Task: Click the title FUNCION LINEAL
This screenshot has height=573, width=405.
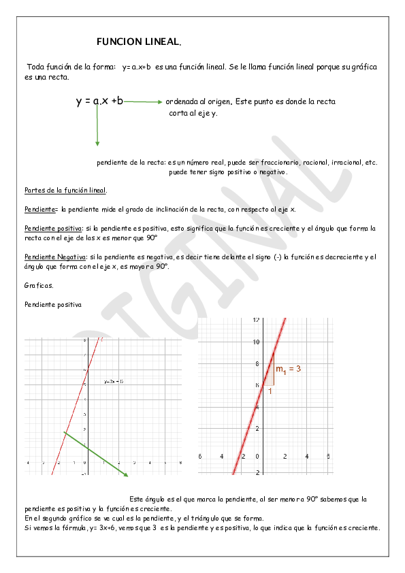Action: click(139, 42)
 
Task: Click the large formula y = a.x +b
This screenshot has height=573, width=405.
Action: click(99, 101)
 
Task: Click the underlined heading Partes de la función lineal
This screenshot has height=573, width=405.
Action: click(65, 191)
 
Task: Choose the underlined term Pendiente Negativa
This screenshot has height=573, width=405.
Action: click(54, 257)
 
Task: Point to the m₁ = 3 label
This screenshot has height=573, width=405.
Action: click(288, 369)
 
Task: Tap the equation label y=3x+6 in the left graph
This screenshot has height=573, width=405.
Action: click(113, 382)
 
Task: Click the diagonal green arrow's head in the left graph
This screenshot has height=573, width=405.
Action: click(126, 474)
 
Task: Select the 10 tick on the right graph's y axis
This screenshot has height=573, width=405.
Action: click(257, 342)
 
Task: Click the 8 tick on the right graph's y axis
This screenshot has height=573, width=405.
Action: click(257, 363)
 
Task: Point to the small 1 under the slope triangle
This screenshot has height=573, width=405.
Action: click(270, 391)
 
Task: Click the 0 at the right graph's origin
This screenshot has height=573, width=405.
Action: click(257, 456)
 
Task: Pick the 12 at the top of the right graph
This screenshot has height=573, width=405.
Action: click(257, 320)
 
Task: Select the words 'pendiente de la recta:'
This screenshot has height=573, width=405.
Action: click(131, 163)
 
